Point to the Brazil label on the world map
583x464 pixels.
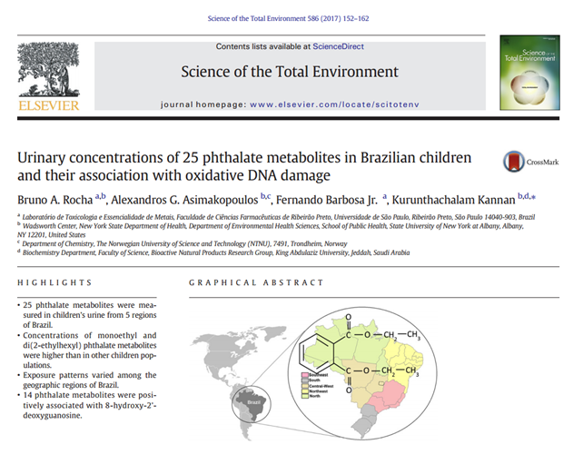(x=255, y=399)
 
